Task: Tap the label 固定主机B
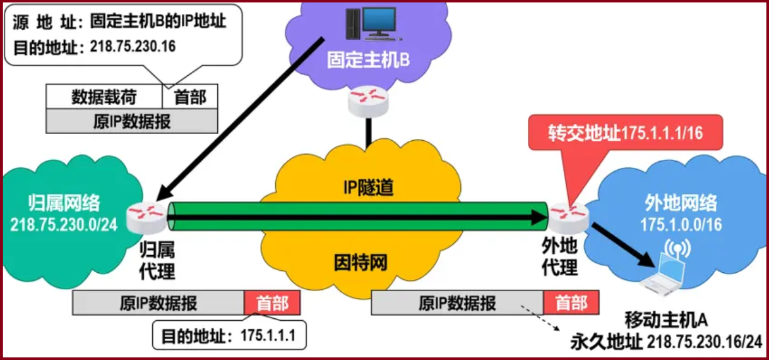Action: pos(368,60)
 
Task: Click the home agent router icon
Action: pos(146,219)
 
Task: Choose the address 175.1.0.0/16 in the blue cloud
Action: pos(681,224)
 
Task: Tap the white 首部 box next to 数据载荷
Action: pos(189,97)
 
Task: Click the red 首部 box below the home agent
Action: pos(272,303)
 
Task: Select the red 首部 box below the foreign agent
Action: pos(571,303)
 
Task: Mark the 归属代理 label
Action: pos(157,260)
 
